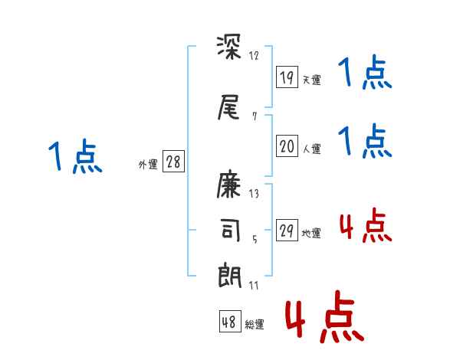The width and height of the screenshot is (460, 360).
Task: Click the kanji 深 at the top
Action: click(x=230, y=51)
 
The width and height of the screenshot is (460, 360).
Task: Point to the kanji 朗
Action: click(x=230, y=274)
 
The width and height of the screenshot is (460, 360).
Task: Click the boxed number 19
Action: click(x=287, y=77)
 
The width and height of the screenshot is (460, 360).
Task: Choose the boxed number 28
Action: click(x=173, y=162)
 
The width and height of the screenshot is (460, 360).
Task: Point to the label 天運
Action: click(x=311, y=80)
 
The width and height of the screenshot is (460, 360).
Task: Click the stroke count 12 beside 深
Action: click(x=254, y=55)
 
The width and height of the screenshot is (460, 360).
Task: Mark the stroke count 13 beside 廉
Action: click(x=254, y=193)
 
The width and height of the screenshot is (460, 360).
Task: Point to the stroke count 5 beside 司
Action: click(x=255, y=238)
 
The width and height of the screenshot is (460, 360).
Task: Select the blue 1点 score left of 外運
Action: click(x=74, y=157)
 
